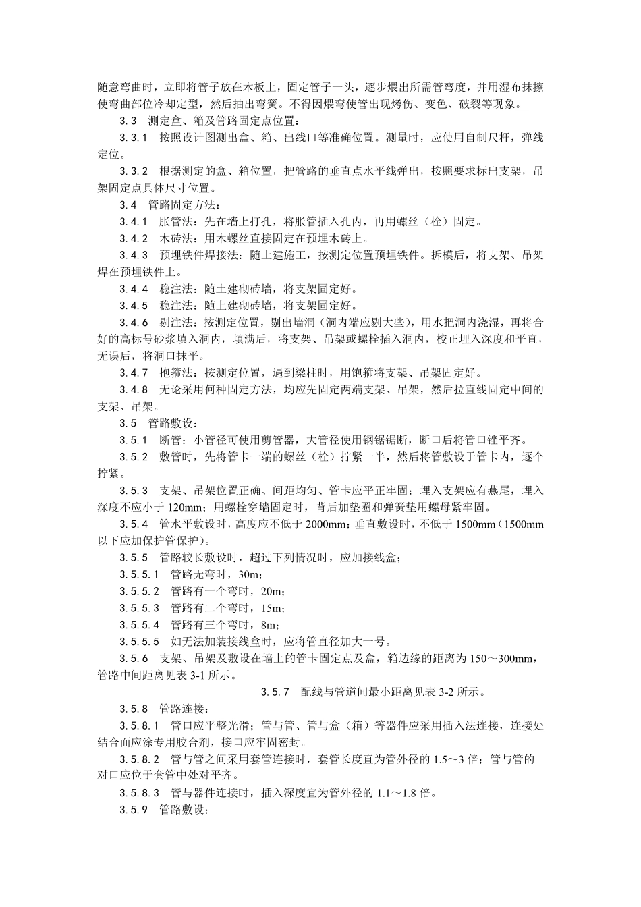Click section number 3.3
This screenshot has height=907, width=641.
(128, 121)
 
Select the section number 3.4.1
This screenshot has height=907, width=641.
(134, 221)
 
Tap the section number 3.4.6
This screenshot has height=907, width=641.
(134, 322)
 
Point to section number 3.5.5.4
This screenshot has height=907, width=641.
(140, 625)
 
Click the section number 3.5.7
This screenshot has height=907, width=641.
(275, 692)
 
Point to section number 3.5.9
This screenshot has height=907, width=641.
(134, 810)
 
